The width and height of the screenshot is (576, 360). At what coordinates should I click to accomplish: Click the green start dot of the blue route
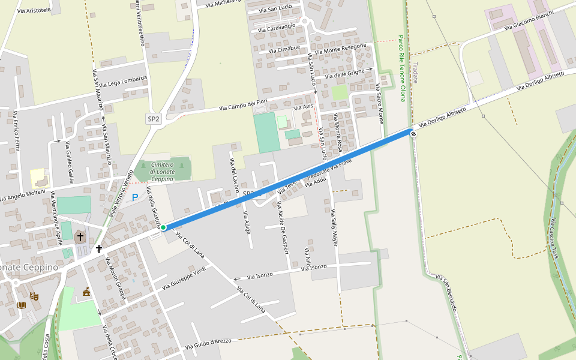[163, 227]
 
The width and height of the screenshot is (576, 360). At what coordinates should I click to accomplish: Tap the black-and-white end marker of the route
[413, 133]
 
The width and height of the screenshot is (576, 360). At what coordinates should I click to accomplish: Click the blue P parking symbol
[135, 197]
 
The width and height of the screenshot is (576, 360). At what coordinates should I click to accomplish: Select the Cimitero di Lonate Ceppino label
[161, 172]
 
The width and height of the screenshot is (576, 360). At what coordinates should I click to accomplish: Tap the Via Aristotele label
[34, 11]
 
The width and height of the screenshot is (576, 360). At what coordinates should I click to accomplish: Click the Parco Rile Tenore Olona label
[401, 67]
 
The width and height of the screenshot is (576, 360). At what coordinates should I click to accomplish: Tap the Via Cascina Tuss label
[555, 238]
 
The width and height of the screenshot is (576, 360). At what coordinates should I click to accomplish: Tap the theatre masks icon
[34, 296]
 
